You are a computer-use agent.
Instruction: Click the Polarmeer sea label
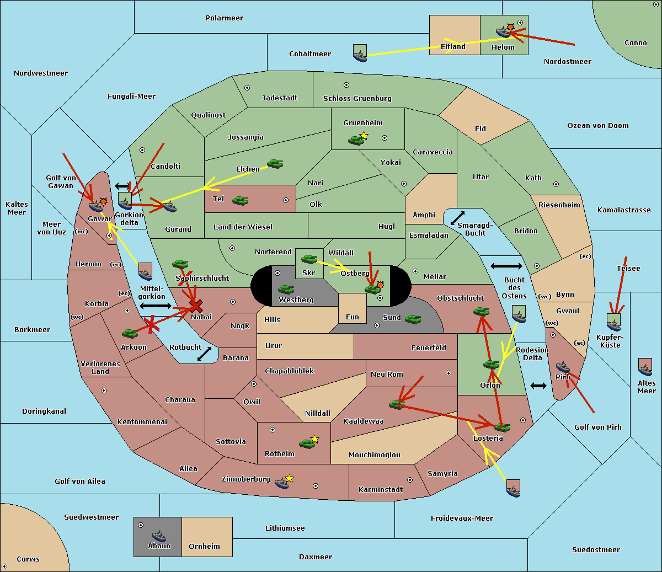pos(224,18)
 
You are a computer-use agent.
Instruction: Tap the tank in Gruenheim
pos(356,140)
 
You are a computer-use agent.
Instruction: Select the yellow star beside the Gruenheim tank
pos(364,135)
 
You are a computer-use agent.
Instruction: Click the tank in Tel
pos(240,201)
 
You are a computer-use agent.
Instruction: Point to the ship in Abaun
pos(159,536)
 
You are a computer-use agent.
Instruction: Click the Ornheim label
pos(204,546)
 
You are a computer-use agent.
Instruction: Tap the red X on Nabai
pos(196,306)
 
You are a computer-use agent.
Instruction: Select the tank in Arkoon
pos(130,333)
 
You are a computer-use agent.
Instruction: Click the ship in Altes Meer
pos(645,367)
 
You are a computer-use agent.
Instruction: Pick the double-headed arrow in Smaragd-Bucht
pos(458,218)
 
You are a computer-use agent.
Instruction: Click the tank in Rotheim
pos(307,443)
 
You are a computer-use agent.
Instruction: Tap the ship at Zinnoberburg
pos(282,483)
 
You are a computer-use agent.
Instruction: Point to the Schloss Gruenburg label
pos(357,99)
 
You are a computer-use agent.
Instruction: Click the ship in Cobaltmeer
pos(360,54)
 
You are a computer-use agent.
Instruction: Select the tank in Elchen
pos(275,164)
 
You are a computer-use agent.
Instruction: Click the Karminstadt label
pos(381,490)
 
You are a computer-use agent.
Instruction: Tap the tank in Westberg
pos(286,289)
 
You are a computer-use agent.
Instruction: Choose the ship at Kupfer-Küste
pos(613,323)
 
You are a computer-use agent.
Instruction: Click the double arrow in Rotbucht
pos(204,354)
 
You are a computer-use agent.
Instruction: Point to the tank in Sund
pos(413,319)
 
